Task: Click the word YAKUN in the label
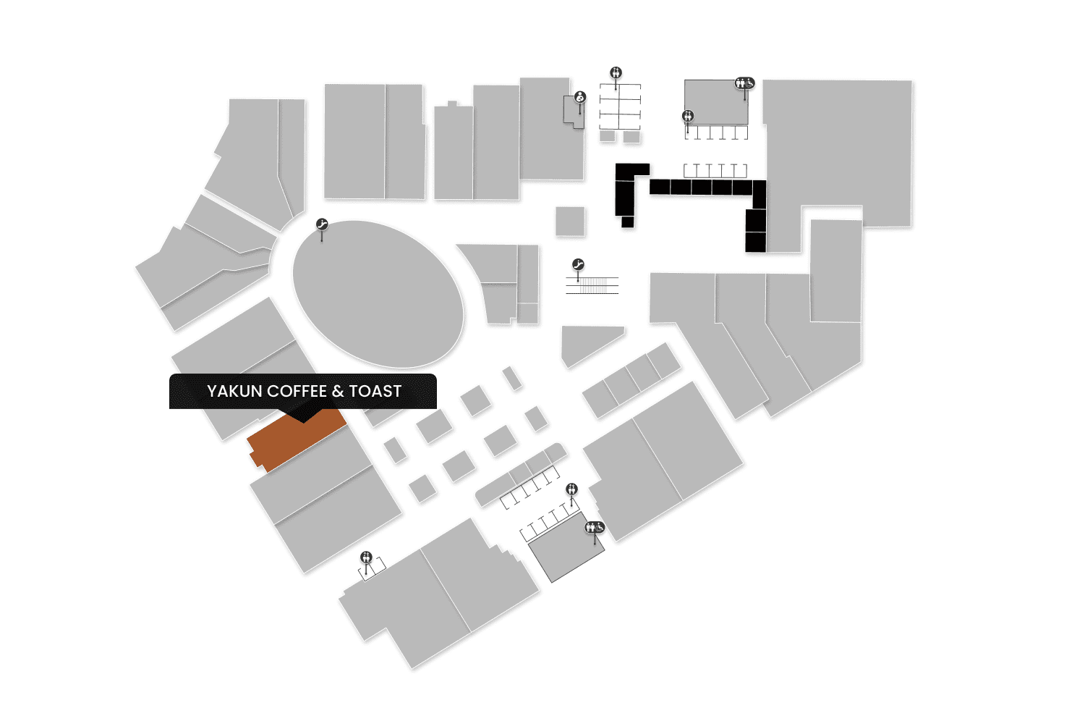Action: [x=234, y=392]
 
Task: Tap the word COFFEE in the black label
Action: [x=297, y=392]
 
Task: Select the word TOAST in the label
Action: [x=375, y=392]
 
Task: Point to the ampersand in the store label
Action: [x=338, y=392]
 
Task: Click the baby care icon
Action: [x=579, y=97]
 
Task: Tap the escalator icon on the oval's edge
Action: [x=323, y=225]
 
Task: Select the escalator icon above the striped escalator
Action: [x=578, y=264]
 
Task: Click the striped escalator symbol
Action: [x=592, y=285]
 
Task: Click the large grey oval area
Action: [x=378, y=293]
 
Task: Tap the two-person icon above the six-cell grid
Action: [x=616, y=72]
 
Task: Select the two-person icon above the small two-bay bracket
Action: [x=367, y=557]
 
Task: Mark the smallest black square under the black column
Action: [x=627, y=222]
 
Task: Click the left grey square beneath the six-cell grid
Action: [x=608, y=136]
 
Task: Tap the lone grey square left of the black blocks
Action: [x=570, y=221]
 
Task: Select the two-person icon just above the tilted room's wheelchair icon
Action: [x=572, y=489]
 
